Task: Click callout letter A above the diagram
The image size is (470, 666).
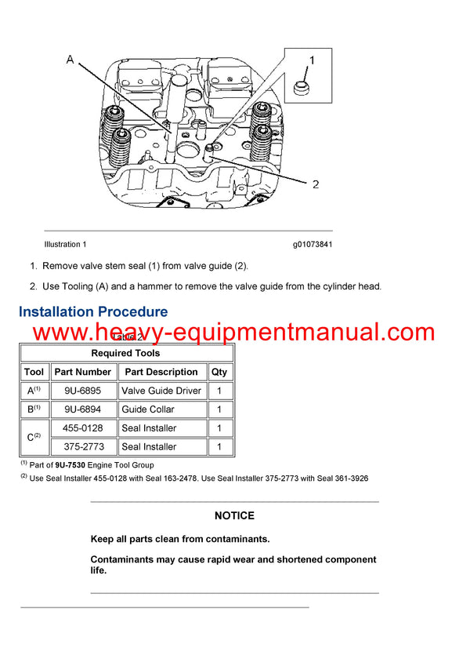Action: point(70,60)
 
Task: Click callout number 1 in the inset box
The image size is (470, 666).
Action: point(311,60)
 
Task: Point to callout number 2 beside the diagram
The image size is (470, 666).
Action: point(316,184)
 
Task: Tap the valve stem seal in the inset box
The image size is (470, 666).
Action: point(299,89)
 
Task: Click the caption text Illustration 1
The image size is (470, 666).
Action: point(66,245)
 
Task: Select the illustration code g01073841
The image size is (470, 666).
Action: point(313,245)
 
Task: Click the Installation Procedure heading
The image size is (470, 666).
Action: point(93,312)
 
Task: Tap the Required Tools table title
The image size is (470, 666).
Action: point(125,353)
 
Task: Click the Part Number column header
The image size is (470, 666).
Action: point(82,372)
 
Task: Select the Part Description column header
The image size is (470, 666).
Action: point(161,372)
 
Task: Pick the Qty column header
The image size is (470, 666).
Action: point(219,372)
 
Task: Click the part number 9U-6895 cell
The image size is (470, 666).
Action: point(82,391)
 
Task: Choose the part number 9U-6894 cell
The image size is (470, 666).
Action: point(82,409)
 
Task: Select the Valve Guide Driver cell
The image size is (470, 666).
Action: point(161,391)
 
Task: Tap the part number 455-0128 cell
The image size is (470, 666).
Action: point(82,428)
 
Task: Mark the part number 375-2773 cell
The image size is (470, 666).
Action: point(82,447)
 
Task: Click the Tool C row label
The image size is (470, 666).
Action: point(34,438)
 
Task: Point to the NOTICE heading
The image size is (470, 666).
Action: point(234,515)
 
